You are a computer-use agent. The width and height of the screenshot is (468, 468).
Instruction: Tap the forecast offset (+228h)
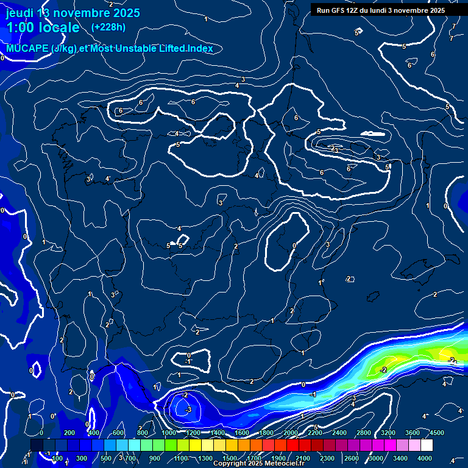click(108, 27)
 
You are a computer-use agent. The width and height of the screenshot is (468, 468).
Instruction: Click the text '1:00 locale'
click(43, 27)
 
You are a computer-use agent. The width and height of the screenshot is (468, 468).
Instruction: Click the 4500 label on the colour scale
click(436, 433)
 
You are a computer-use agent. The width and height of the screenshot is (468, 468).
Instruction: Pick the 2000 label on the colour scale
click(291, 433)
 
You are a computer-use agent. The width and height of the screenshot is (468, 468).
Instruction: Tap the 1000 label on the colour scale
click(169, 433)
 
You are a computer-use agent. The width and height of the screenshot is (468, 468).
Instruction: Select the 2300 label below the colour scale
click(327, 458)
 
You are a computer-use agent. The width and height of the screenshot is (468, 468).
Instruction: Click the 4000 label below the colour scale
click(425, 458)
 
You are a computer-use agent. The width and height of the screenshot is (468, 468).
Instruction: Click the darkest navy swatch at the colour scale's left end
click(37, 445)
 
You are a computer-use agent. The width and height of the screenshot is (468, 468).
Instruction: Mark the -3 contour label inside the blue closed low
click(188, 410)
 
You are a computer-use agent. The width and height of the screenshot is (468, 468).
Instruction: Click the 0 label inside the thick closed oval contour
click(294, 246)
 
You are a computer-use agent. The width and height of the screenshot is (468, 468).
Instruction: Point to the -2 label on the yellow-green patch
click(383, 370)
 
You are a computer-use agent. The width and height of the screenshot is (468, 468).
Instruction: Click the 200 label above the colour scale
click(69, 433)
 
